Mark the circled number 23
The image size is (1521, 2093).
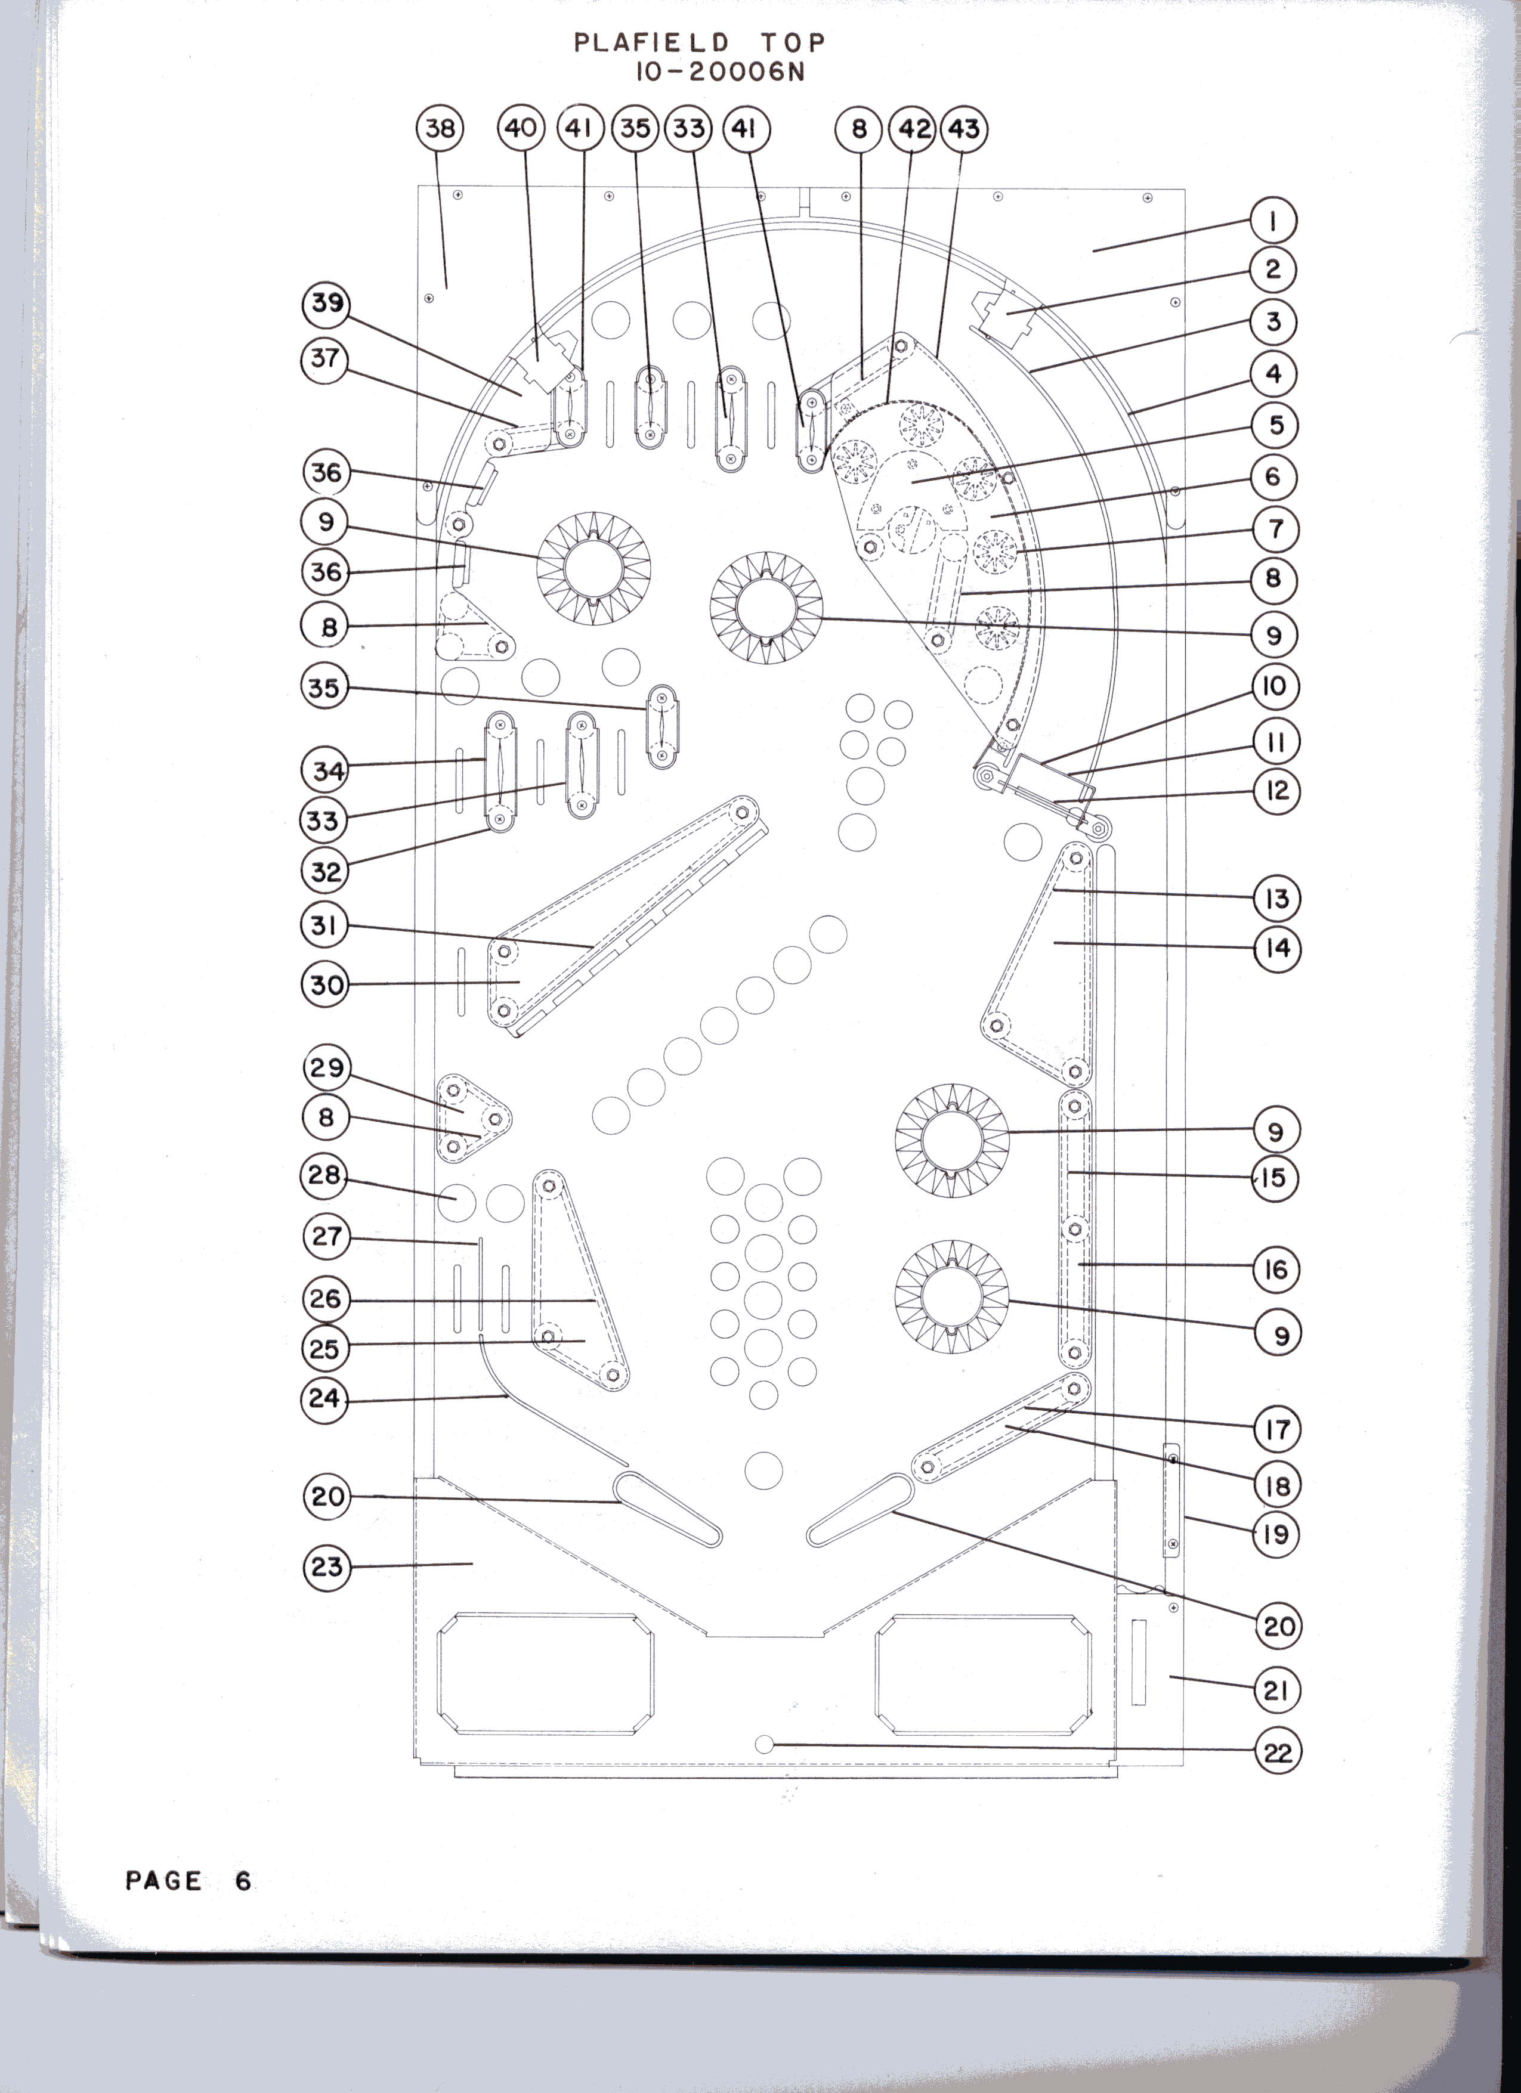[x=327, y=1566]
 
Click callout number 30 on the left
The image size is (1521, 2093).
[x=326, y=984]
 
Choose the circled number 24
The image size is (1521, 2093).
[x=325, y=1399]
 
